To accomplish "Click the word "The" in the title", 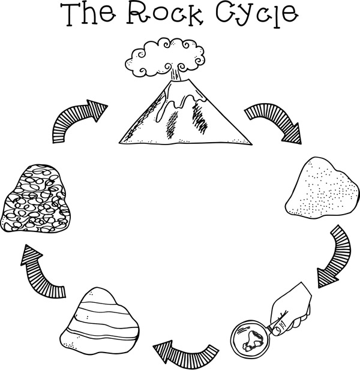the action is pos(88,14).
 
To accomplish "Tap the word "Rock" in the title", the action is pos(164,14).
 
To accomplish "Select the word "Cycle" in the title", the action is pos(257,14).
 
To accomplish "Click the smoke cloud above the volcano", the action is pos(164,58).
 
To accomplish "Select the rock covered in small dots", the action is pos(322,188).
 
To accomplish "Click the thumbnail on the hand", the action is pos(278,330).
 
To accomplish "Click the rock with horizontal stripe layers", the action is pos(100,321).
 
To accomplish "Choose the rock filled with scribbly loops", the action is pos(35,198).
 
